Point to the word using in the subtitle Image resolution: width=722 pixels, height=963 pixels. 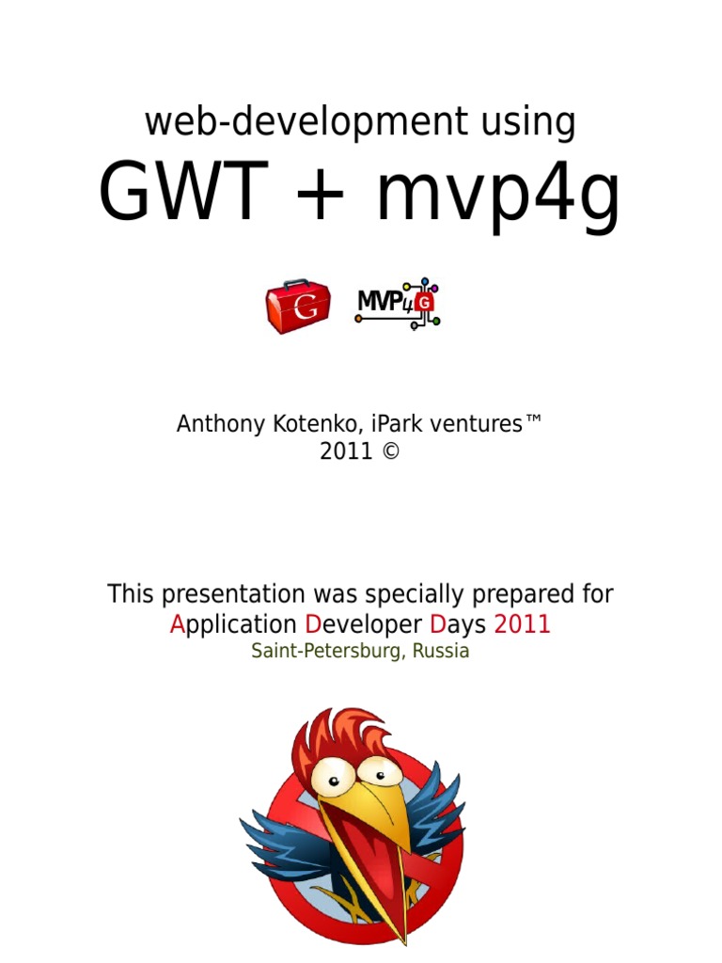pyautogui.click(x=526, y=124)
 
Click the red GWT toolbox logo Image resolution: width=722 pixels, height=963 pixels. pyautogui.click(x=297, y=306)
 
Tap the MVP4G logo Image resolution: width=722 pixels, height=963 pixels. pyautogui.click(x=398, y=304)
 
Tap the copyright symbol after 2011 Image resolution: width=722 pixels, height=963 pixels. pyautogui.click(x=391, y=451)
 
